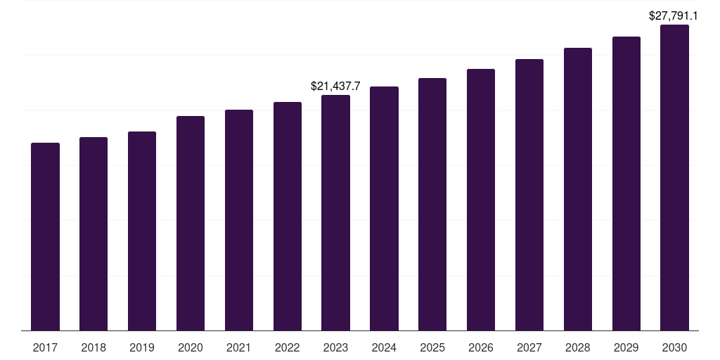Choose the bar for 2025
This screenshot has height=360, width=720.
point(432,204)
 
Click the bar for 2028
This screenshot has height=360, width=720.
point(578,189)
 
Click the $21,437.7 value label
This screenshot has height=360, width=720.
point(335,86)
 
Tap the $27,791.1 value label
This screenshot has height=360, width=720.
point(674,15)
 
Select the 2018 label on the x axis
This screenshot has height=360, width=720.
point(94,347)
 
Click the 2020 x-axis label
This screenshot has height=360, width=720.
point(191,347)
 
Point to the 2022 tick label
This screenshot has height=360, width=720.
point(288,347)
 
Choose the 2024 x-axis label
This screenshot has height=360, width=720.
point(384,347)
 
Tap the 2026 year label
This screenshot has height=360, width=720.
point(481,347)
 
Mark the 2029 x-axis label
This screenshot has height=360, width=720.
point(626,347)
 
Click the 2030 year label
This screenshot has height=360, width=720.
point(674,347)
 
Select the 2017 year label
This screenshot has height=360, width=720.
point(45,347)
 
